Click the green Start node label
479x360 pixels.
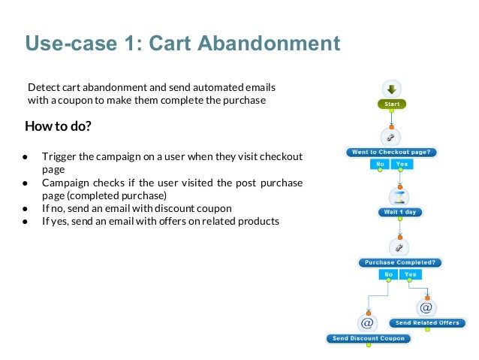point(391,104)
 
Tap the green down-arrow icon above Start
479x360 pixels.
point(391,87)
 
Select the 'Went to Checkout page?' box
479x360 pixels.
point(392,152)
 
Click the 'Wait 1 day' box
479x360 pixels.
point(399,212)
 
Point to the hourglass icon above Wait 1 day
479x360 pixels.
point(399,195)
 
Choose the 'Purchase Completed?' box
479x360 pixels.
point(400,262)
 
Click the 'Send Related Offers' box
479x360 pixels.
point(426,322)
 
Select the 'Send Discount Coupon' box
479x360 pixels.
point(368,338)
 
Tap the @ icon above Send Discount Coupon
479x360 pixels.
point(368,322)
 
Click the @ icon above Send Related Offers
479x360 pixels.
point(426,307)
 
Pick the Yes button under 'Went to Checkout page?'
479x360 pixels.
point(402,163)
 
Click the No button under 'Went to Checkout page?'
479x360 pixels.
point(381,163)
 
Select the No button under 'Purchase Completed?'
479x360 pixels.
point(389,274)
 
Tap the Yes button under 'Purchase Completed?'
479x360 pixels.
point(410,274)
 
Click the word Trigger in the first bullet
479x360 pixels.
point(58,156)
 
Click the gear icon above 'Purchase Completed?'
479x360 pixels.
point(399,247)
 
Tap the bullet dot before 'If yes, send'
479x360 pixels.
point(25,221)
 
